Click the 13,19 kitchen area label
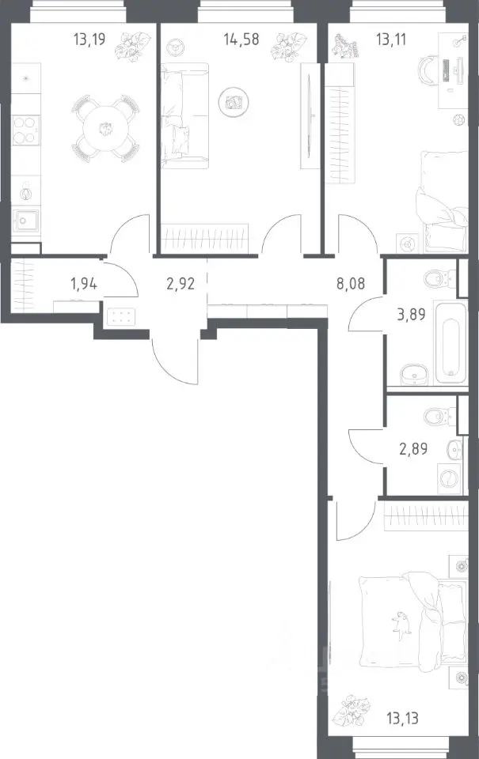89,39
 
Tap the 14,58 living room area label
241,39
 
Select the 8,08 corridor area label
351,283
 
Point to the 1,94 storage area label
84,283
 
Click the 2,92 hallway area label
181,283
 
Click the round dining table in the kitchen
105,129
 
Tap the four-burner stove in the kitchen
25,130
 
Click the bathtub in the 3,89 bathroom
450,349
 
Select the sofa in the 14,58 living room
184,115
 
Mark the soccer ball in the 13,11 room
459,119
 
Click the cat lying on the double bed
401,621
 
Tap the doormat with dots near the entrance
120,317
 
